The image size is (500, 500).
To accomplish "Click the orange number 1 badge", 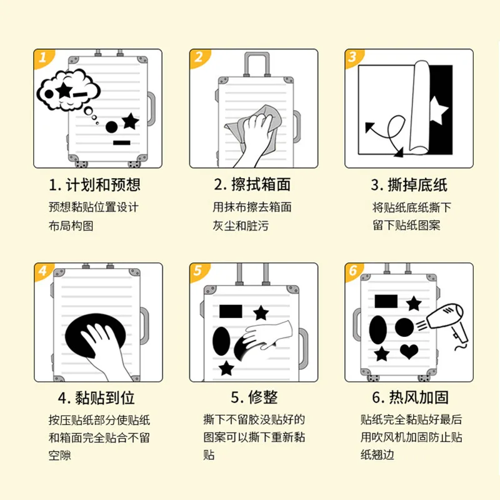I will click(42, 58).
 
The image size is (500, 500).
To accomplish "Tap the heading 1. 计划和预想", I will click(95, 185).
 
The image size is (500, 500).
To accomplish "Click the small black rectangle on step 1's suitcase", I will click(121, 144).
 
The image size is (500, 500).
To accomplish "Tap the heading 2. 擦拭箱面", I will click(252, 185).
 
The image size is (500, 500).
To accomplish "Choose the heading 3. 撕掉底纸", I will click(409, 185).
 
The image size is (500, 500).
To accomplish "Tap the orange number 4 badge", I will click(42, 271).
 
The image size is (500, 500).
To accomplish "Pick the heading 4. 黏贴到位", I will click(96, 397).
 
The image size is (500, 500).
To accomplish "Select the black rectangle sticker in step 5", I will click(231, 311).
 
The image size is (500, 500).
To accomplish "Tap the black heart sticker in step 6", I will click(409, 351).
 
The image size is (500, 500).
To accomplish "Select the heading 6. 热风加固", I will click(410, 397).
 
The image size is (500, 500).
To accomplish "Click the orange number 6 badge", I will click(353, 271).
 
